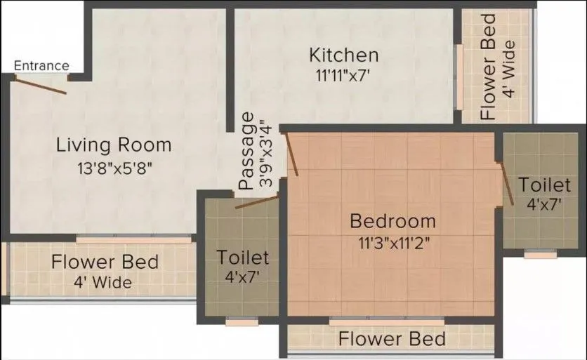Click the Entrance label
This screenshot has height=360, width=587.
click(42, 66)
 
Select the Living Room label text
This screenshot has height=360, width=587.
click(114, 145)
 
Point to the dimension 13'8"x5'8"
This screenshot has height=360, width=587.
click(114, 168)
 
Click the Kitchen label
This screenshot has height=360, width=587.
click(344, 55)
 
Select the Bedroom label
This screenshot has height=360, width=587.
click(393, 222)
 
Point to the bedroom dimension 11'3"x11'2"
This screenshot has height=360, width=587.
click(393, 244)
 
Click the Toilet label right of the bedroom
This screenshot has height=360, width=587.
click(544, 185)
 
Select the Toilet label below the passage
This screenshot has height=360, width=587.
click(242, 257)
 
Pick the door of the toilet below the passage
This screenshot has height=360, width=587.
click(257, 203)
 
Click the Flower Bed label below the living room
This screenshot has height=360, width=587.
click(105, 262)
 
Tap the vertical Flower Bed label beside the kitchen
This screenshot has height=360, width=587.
click(488, 67)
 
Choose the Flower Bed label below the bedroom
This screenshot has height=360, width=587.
click(392, 340)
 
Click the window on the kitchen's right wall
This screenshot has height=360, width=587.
click(459, 77)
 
